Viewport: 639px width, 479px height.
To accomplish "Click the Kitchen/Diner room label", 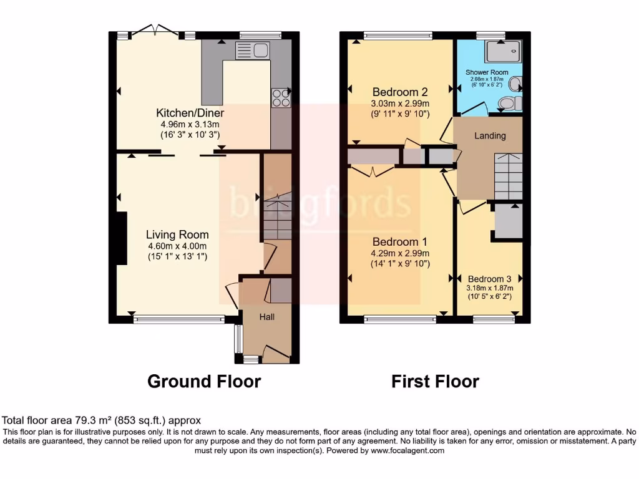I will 190,113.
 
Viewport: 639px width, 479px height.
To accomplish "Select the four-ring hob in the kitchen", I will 281,98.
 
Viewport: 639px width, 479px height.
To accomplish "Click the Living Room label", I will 177,235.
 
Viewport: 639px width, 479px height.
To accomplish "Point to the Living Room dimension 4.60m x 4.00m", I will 177,246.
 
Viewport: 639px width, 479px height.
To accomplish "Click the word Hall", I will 267,317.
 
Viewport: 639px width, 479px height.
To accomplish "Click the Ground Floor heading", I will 203,381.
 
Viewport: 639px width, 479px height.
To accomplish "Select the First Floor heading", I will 435,381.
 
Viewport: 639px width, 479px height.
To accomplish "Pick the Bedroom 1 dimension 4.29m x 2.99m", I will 401,253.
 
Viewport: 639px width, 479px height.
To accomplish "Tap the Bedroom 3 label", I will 490,279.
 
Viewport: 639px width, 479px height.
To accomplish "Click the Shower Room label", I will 487,72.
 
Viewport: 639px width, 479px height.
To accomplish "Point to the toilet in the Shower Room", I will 511,103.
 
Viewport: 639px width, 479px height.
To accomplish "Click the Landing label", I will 490,135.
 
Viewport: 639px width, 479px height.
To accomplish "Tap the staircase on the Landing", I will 508,176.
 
